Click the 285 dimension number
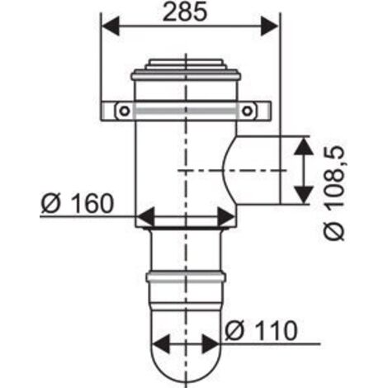185,12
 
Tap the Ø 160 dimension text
78,203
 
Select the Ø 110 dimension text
261,331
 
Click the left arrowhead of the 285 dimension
111,26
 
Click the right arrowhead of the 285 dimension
270,26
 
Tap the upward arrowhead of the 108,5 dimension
304,145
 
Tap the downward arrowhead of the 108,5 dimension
304,195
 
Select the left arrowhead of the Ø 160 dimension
145,217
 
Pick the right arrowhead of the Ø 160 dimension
226,217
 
